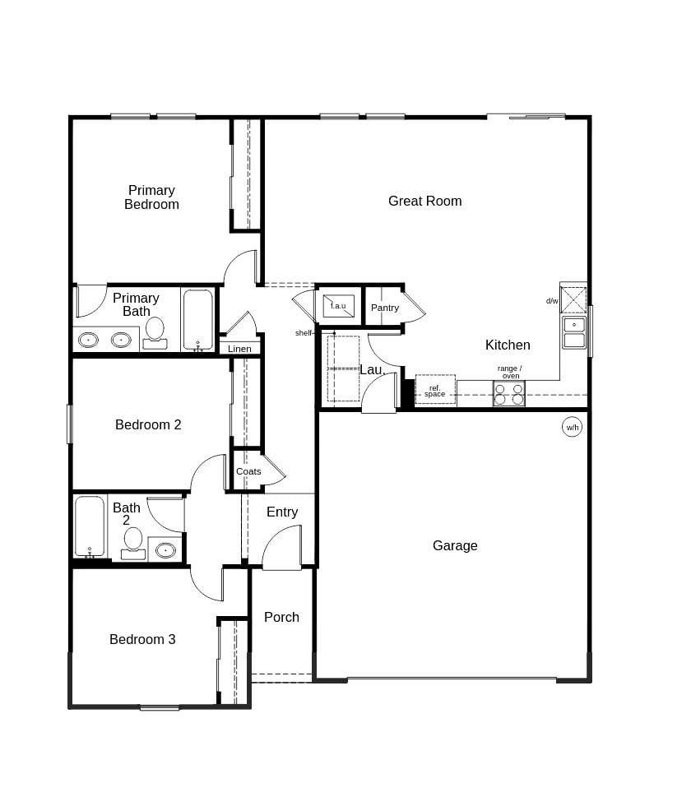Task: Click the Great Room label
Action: [x=424, y=201]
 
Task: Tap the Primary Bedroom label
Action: [x=151, y=197]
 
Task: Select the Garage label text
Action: [x=455, y=545]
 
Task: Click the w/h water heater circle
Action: [x=572, y=428]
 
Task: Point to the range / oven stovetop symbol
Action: [x=508, y=394]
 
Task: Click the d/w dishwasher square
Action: [x=573, y=299]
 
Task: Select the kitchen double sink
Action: [x=574, y=332]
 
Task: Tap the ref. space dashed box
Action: [x=435, y=390]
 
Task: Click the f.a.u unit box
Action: [x=338, y=305]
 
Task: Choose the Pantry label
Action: [x=384, y=308]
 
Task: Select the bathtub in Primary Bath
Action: [x=197, y=320]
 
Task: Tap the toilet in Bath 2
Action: [x=133, y=543]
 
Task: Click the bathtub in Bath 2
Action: [x=90, y=526]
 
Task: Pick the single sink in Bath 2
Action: [x=166, y=549]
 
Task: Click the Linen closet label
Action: [x=239, y=349]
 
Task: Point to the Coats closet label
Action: [x=248, y=471]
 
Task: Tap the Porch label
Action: [x=281, y=617]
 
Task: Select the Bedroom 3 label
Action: [x=142, y=639]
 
